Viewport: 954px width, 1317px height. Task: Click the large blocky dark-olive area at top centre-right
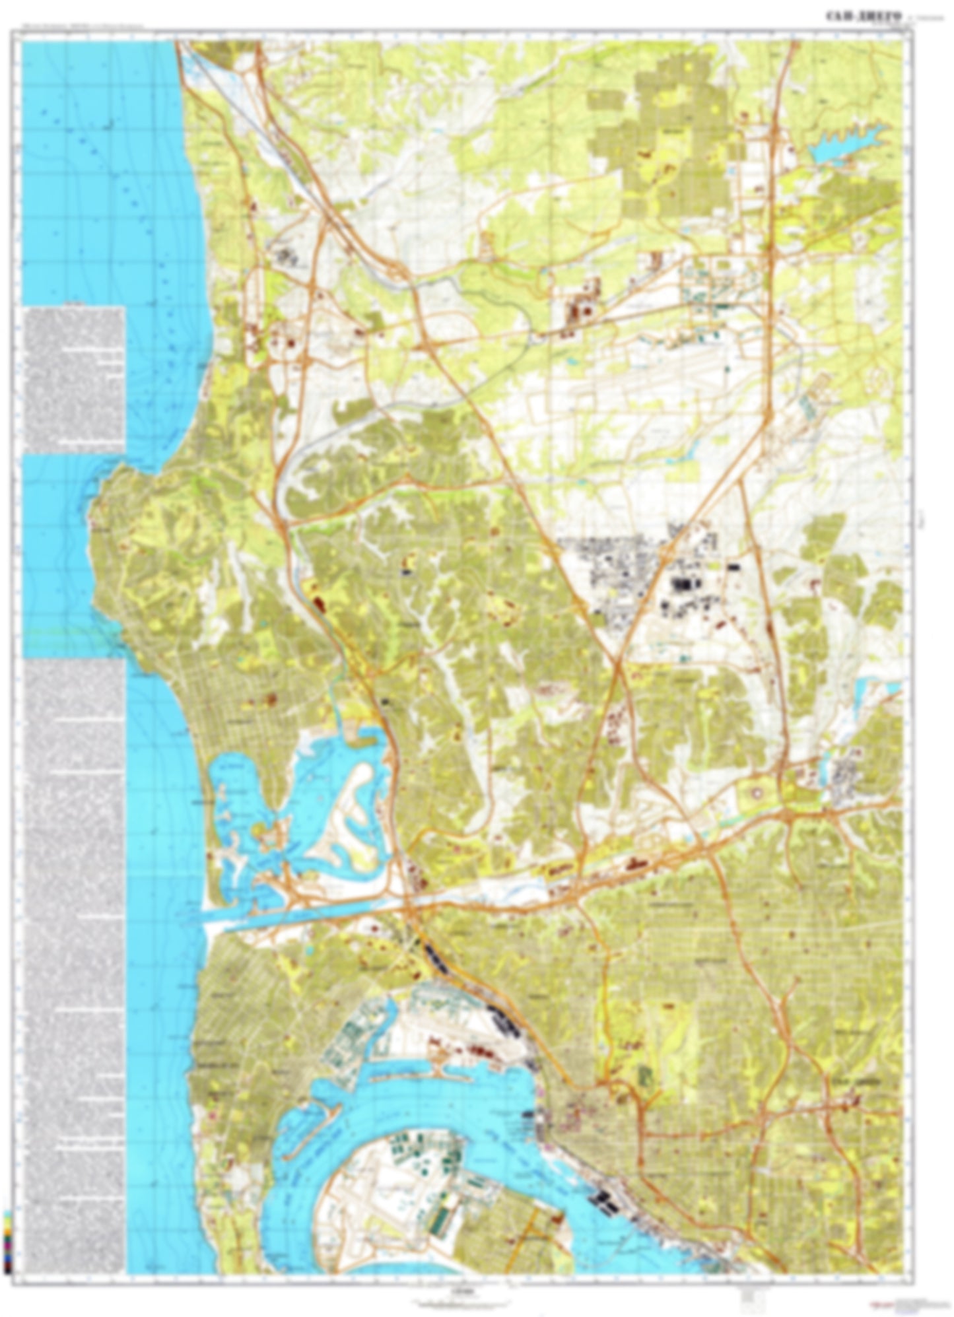[660, 132]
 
